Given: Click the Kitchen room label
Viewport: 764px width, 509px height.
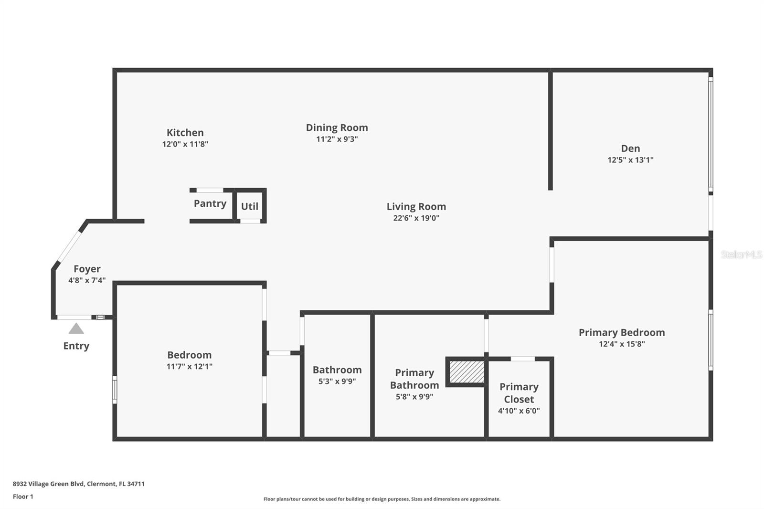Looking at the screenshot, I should (x=185, y=133).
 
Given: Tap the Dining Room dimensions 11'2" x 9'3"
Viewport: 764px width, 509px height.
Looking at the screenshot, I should (x=337, y=139).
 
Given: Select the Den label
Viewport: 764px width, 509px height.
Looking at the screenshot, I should (x=630, y=148).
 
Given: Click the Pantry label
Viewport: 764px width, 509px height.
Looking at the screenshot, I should (x=210, y=203).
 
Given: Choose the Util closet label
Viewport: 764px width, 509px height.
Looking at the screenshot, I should (x=249, y=206).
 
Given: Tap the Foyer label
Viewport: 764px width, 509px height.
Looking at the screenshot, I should (x=87, y=269).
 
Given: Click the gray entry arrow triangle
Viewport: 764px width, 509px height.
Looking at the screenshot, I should (x=76, y=329).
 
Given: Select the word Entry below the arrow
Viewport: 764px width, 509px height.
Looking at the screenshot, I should (x=76, y=346).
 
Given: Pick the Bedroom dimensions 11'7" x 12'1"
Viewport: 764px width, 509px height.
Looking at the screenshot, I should (x=189, y=367).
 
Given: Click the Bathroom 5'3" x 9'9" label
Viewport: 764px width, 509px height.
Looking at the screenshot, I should (x=337, y=370).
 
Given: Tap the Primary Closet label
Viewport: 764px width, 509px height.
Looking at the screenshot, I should (x=519, y=392).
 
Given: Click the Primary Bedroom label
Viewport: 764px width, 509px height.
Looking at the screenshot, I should (x=621, y=332).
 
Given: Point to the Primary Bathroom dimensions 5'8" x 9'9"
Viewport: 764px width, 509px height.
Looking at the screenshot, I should (x=414, y=397).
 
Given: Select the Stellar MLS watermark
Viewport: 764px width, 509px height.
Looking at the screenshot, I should (x=741, y=254).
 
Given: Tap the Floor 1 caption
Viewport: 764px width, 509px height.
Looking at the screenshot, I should (x=23, y=497).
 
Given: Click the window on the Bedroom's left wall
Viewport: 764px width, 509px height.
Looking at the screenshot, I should (x=115, y=390).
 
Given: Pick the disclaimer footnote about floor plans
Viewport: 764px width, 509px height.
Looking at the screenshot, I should (x=382, y=499).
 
